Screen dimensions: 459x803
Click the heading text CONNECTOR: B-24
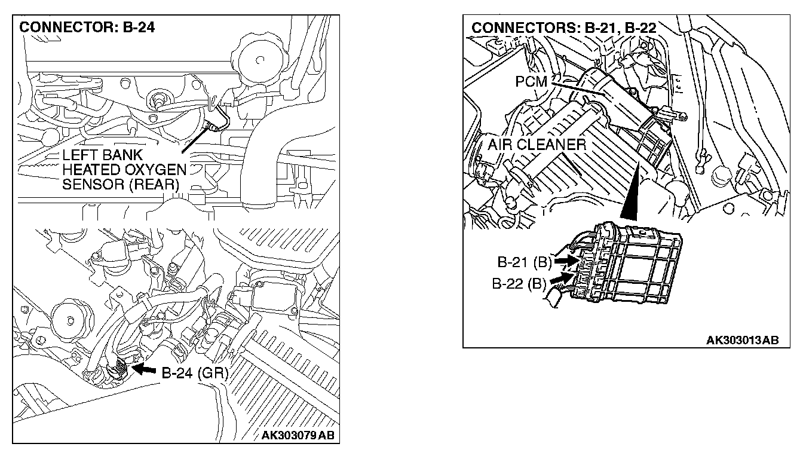click(x=87, y=29)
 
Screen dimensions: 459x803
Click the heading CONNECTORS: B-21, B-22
click(x=564, y=29)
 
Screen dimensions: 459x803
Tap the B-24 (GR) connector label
click(x=195, y=373)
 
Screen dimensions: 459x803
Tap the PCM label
click(x=531, y=82)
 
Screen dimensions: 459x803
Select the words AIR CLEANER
click(x=537, y=145)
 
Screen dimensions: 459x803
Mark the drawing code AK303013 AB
click(x=742, y=340)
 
